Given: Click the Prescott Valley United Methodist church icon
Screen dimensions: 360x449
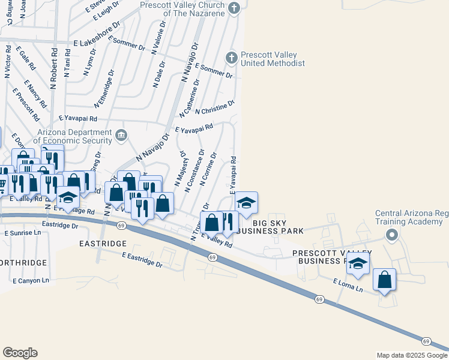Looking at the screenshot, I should (231, 58).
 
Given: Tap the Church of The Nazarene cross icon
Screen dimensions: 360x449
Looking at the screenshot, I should (235, 8).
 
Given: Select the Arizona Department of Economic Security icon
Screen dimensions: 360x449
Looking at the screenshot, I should (122, 135).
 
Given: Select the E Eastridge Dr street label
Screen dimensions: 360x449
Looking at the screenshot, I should (142, 260).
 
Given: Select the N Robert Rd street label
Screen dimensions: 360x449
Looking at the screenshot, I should (53, 69).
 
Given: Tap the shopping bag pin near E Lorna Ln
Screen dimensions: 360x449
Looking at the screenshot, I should (384, 280).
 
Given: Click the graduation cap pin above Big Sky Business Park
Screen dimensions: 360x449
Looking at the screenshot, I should (246, 203).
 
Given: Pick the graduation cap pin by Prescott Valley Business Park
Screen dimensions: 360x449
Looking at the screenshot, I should (358, 263).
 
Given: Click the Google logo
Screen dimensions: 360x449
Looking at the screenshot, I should (20, 353).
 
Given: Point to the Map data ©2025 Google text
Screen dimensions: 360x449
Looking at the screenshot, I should (411, 355).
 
